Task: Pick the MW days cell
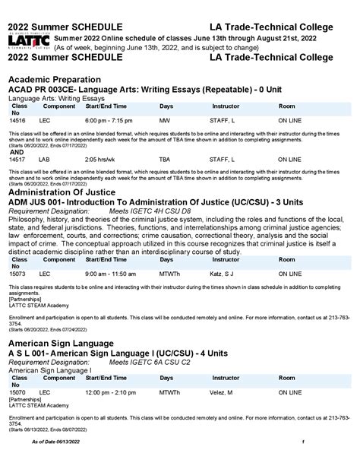click(165, 120)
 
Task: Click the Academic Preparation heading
click(58, 79)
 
